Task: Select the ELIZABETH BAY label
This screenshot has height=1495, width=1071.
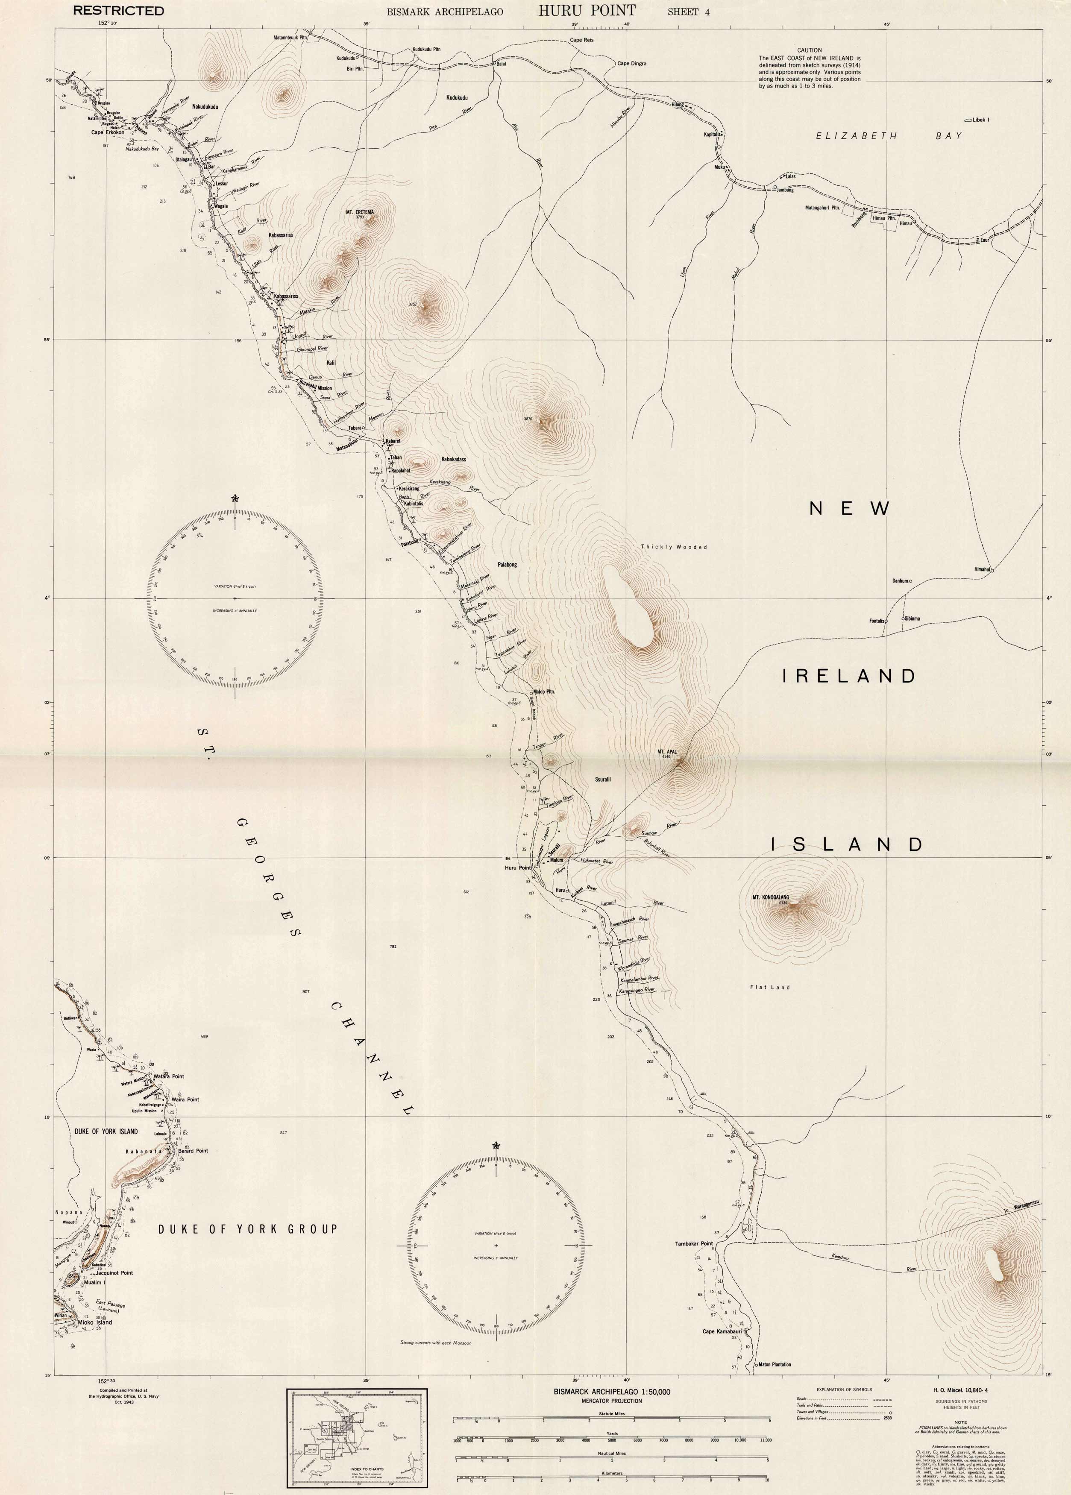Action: tap(889, 136)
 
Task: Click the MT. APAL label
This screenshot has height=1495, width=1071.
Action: tap(668, 751)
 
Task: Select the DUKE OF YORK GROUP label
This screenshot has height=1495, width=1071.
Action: tap(247, 1229)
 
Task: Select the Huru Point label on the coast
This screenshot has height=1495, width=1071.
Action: tap(517, 868)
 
